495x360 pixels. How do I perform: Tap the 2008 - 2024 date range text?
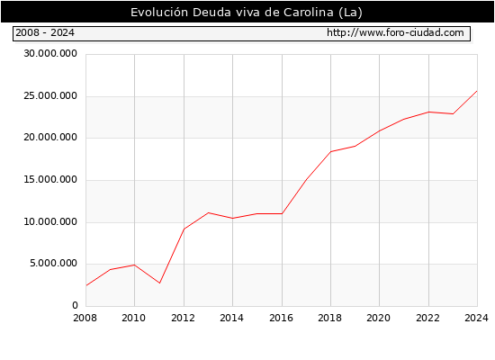(x=45, y=32)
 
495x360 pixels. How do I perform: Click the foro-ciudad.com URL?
(x=395, y=32)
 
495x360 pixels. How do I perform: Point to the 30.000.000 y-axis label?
(x=50, y=53)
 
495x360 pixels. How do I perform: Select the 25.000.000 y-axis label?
(x=50, y=95)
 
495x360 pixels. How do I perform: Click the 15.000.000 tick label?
(x=50, y=179)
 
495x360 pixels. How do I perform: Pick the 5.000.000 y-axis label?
(x=53, y=263)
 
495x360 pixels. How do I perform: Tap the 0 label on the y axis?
(x=75, y=305)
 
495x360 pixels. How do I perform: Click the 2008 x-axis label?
(x=85, y=318)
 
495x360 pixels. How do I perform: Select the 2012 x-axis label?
(x=183, y=318)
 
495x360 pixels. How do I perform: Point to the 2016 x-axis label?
(x=282, y=318)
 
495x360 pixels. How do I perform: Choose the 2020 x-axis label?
(x=379, y=318)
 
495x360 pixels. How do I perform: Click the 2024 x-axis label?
(x=476, y=318)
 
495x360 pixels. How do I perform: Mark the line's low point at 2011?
(x=159, y=283)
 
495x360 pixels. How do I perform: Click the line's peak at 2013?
(x=209, y=212)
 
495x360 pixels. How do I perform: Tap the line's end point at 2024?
(x=477, y=91)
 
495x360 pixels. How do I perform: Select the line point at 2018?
(x=331, y=151)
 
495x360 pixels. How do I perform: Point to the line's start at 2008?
(x=86, y=285)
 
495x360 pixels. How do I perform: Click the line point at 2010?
(x=134, y=265)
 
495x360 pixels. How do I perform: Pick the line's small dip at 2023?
(x=453, y=114)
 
